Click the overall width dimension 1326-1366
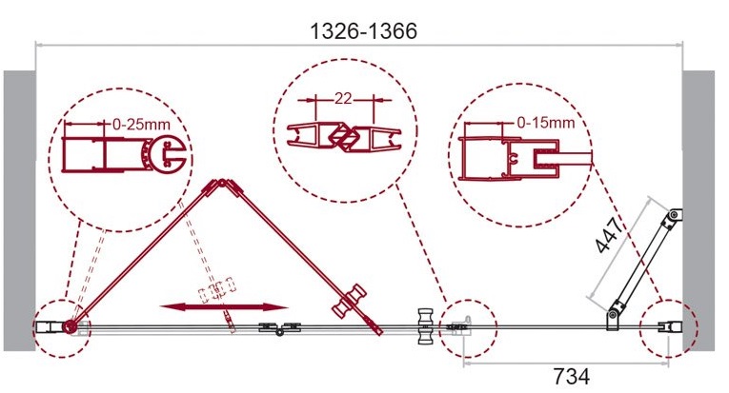[x=363, y=31]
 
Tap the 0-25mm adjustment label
[x=141, y=125]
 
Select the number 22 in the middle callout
[x=343, y=99]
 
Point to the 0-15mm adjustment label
[x=546, y=123]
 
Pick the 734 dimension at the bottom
[x=572, y=376]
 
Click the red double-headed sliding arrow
[x=224, y=307]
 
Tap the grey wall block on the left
[x=19, y=210]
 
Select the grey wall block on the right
[x=699, y=210]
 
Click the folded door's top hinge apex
[x=222, y=183]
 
